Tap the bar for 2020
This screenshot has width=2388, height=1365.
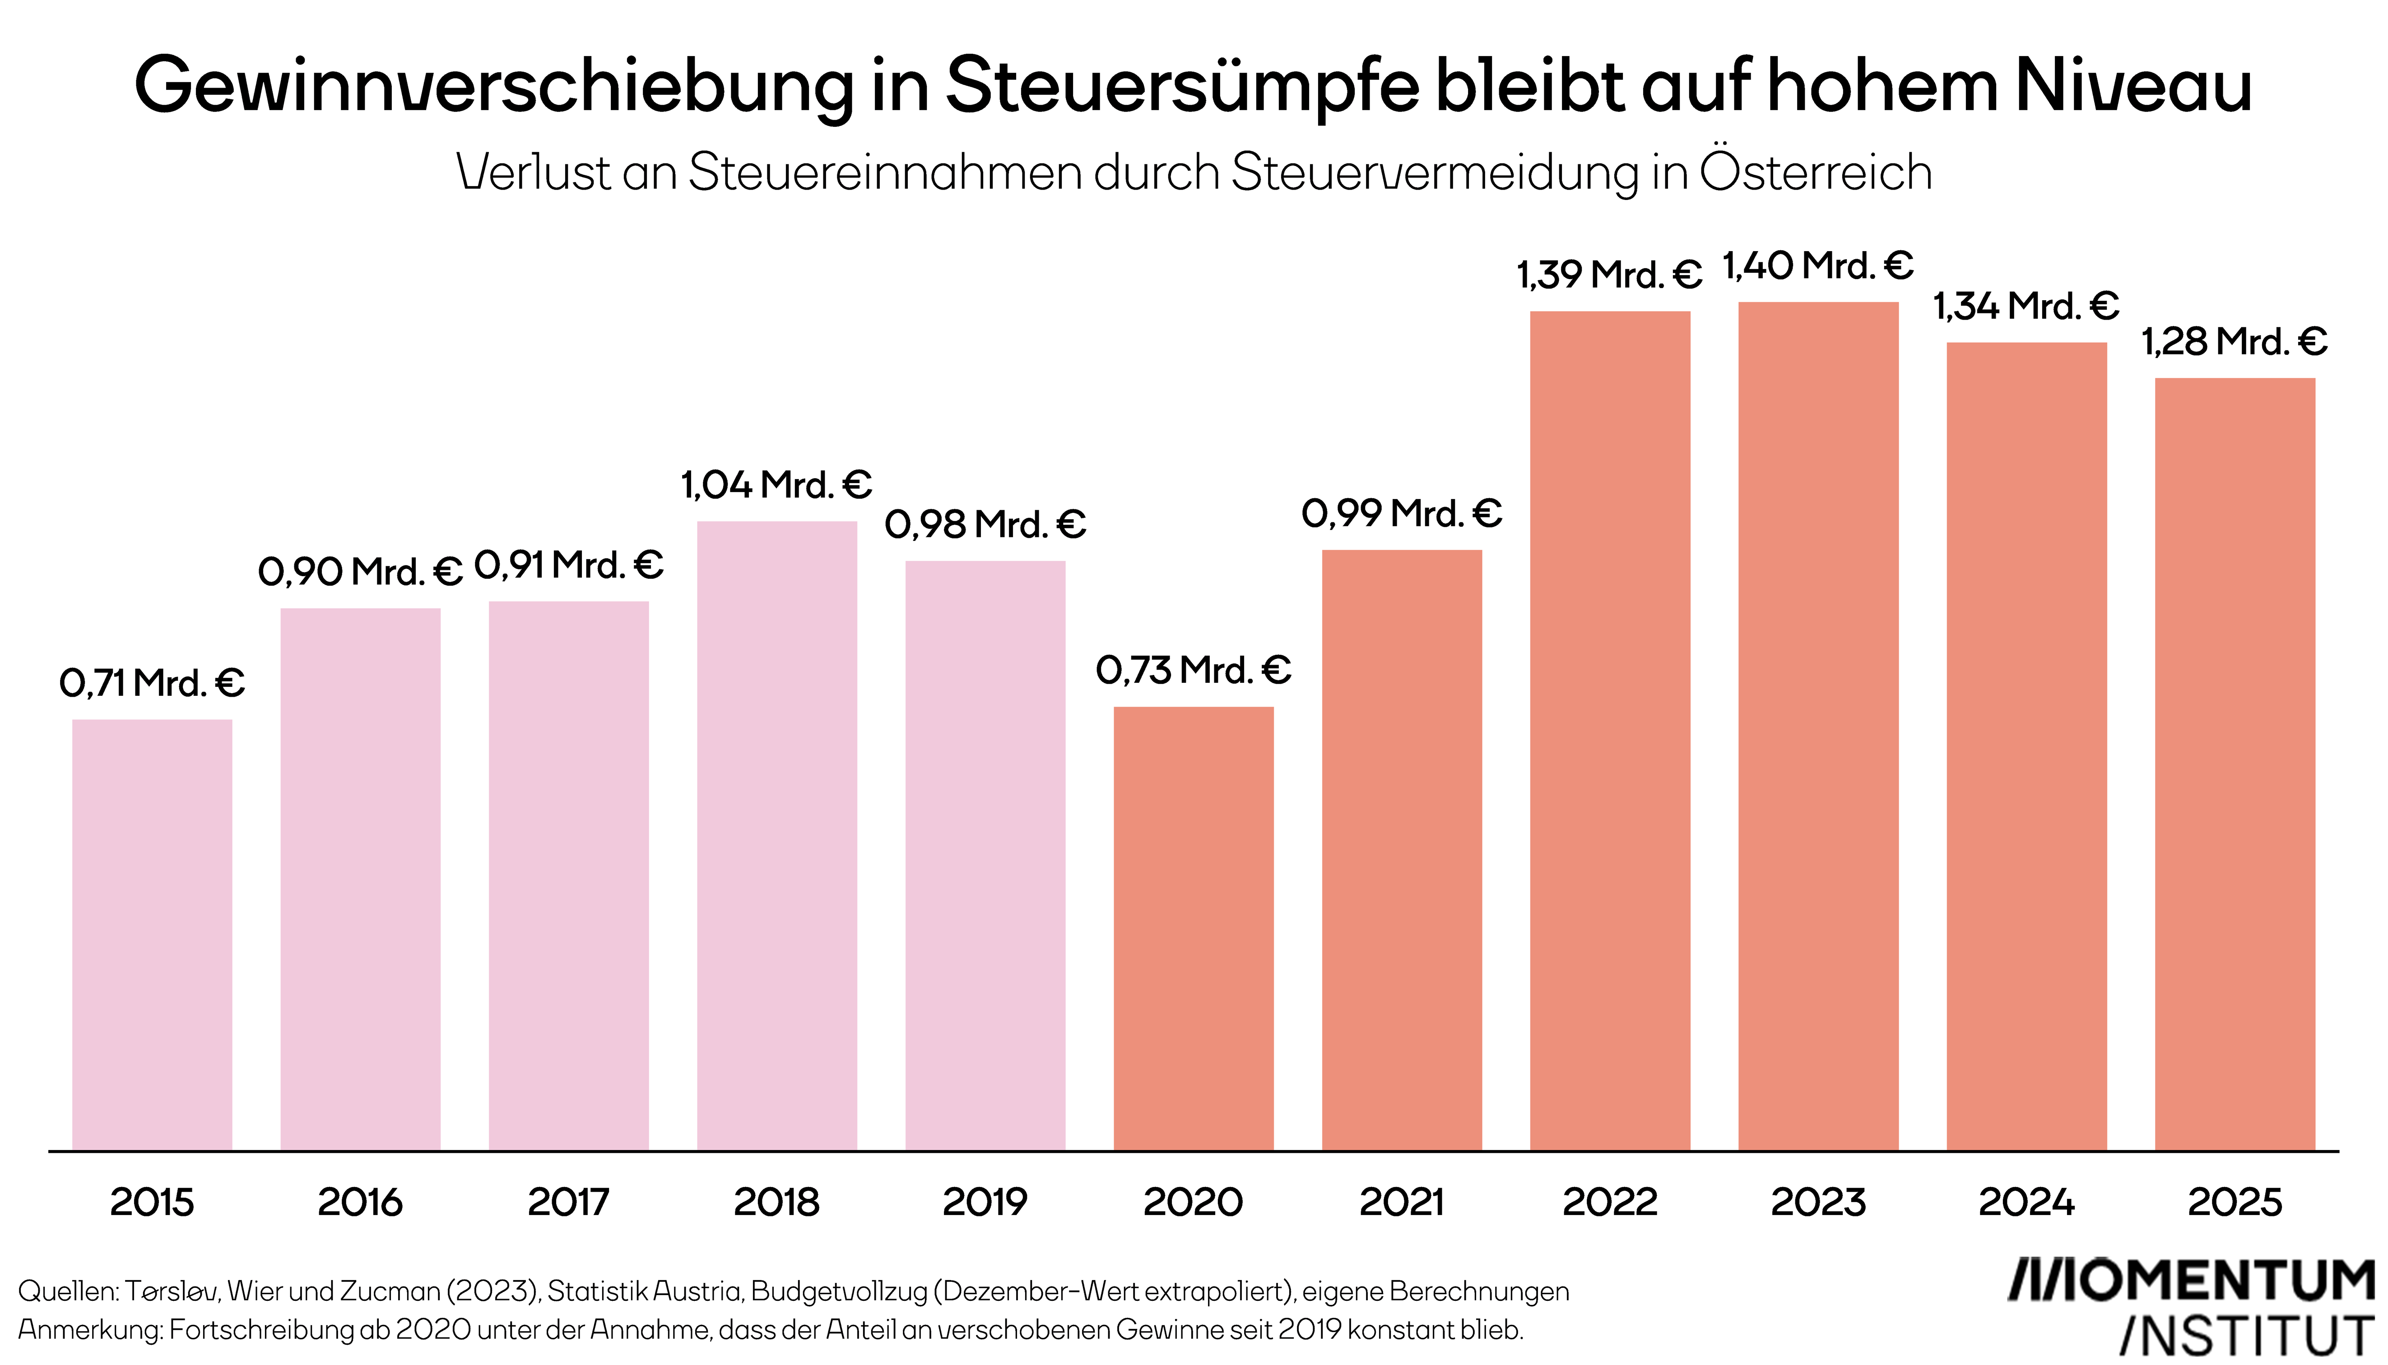click(1193, 928)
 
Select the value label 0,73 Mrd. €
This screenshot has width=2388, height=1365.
click(1193, 671)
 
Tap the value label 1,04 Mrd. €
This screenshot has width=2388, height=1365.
click(776, 485)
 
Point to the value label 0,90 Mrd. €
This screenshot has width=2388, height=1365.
click(360, 571)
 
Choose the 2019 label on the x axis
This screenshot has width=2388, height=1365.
click(985, 1202)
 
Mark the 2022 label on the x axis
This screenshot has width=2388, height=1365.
click(1609, 1202)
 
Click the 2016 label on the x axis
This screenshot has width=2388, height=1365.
click(360, 1202)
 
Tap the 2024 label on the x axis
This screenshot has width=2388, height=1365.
click(2026, 1202)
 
